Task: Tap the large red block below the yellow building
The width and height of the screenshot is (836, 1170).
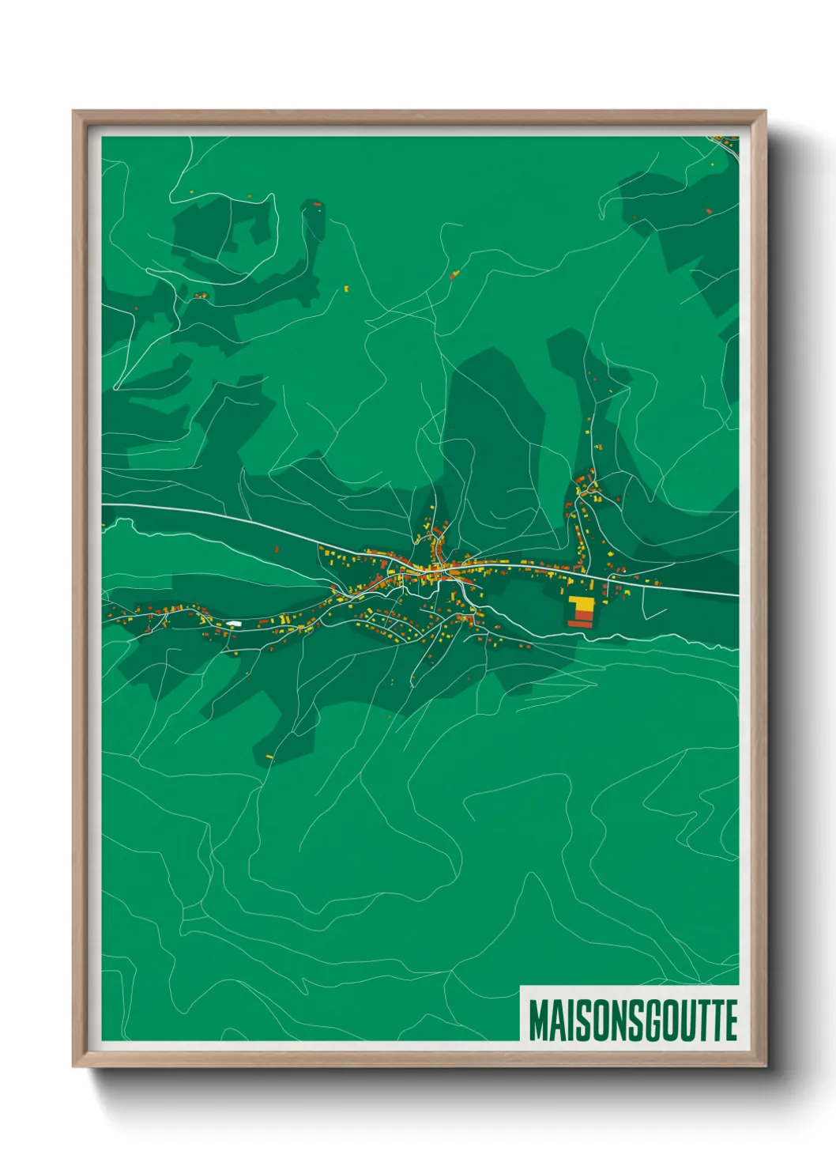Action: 579,623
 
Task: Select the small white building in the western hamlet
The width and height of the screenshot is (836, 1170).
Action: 233,624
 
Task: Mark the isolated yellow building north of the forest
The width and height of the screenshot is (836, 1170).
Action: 346,289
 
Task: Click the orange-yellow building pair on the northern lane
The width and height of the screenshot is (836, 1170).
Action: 454,275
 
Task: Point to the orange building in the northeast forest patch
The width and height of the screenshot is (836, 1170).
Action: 708,211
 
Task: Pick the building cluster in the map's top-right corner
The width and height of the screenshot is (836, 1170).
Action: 723,142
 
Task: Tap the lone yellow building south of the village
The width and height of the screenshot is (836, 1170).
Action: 269,757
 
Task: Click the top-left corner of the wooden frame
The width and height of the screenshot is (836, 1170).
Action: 75,113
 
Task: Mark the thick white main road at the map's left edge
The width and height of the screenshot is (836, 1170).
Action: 111,504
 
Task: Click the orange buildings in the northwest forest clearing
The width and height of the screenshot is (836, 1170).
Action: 201,296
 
